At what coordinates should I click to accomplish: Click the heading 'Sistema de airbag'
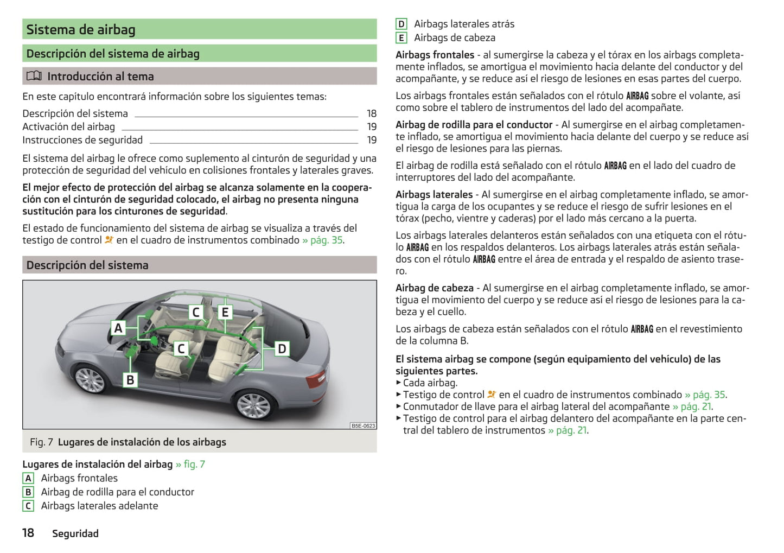coord(81,30)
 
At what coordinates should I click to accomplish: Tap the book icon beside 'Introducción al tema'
coord(34,77)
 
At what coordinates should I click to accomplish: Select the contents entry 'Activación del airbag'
coord(69,127)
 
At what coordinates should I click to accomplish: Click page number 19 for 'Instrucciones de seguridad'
coord(372,140)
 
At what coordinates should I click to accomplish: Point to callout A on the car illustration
coord(118,328)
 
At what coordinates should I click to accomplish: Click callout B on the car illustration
coord(130,380)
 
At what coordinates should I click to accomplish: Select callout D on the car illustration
coord(282,349)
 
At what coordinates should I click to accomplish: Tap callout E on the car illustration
coord(225,312)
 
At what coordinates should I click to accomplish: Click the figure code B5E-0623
coord(363,426)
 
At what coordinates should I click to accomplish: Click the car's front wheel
coord(90,379)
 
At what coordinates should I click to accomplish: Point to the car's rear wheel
coord(253,405)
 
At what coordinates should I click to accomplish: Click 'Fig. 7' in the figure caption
coord(41,442)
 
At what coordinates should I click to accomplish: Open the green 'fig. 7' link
coord(194,465)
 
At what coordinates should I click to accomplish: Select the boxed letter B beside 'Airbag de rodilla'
coord(29,492)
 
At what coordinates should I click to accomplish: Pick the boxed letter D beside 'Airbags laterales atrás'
coord(401,24)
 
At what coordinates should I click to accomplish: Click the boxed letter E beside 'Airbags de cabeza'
coord(401,38)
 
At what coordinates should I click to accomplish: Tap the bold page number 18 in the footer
coord(28,533)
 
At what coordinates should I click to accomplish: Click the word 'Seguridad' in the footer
coord(75,534)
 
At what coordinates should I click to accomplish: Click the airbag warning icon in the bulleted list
coord(492,395)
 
